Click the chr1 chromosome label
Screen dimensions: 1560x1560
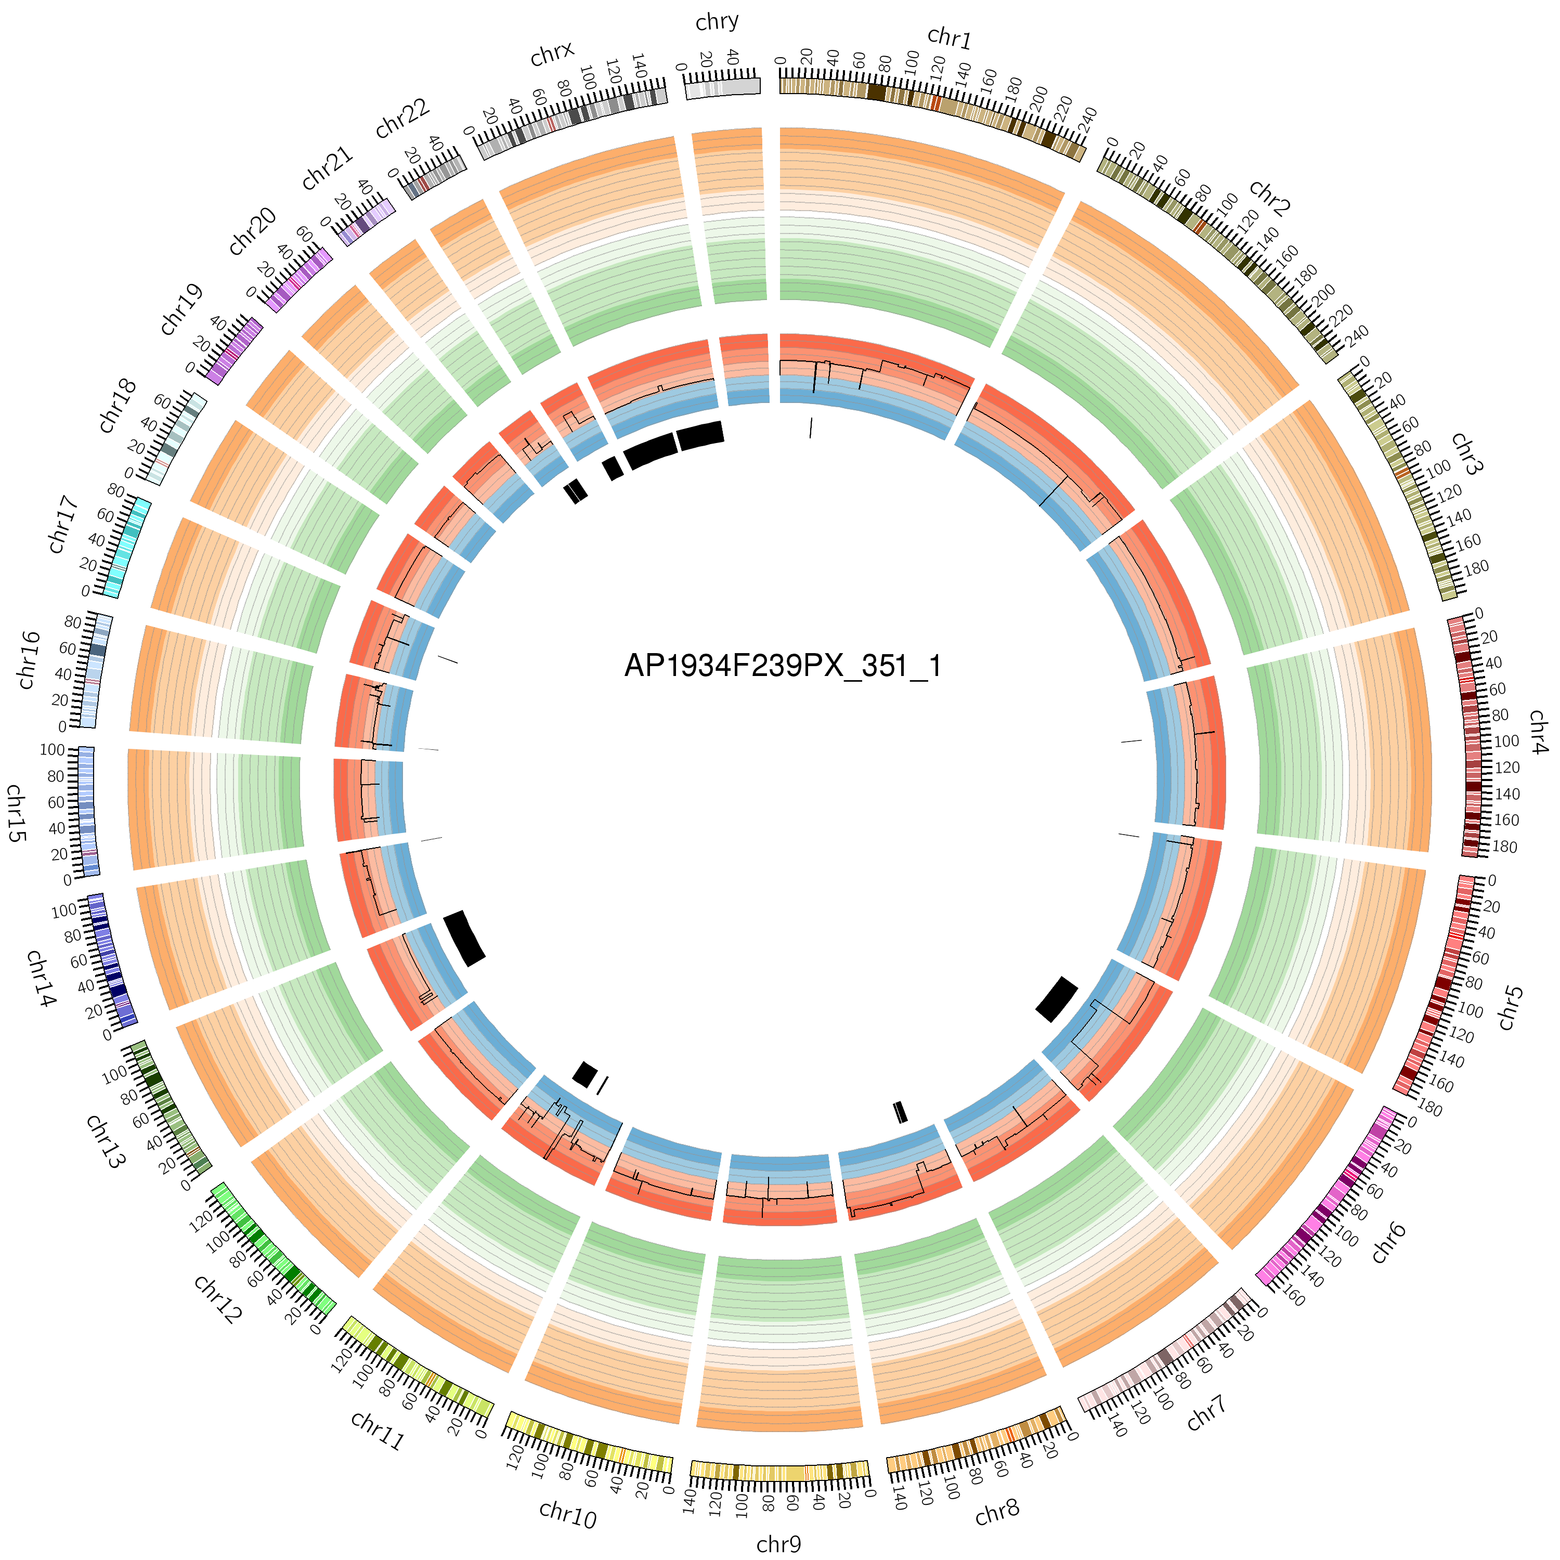click(x=949, y=38)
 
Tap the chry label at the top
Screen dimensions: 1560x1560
click(x=717, y=22)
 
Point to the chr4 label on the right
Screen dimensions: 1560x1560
click(x=1538, y=732)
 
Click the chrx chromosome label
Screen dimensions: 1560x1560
click(x=552, y=54)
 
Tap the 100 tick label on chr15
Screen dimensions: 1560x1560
click(x=53, y=750)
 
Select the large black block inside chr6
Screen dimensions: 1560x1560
click(x=1056, y=999)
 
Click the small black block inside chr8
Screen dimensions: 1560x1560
click(x=900, y=1112)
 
